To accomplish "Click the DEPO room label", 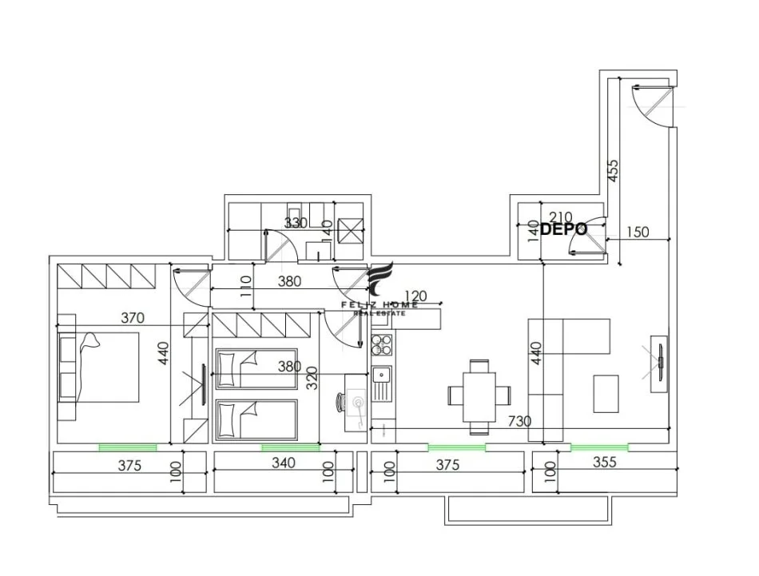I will coord(564,229).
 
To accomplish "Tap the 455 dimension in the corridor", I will coord(614,173).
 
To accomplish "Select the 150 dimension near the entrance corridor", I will coord(637,232).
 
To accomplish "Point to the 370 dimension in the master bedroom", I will coord(133,318).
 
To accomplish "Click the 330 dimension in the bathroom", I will coord(296,222).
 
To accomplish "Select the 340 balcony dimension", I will coord(284,463).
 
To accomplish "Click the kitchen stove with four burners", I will coord(381,345).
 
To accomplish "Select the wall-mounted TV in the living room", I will coord(661,363).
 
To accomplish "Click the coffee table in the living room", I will coord(606,394).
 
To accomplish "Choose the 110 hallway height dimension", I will coord(246,285).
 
